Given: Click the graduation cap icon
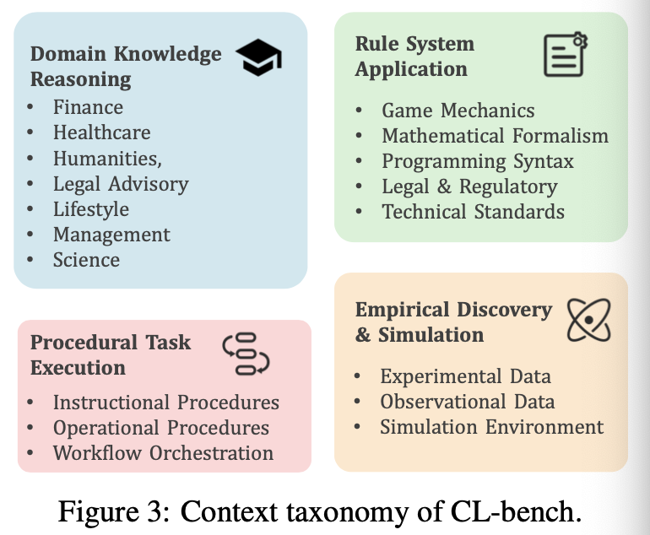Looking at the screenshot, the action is click(x=258, y=57).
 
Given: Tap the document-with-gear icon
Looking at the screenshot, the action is click(x=566, y=55).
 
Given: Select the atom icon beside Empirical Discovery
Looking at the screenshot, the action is click(x=588, y=320).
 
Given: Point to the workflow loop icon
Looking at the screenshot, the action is click(x=246, y=354).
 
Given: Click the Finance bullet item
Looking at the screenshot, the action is click(x=88, y=107).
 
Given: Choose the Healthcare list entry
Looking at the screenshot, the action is click(x=101, y=132).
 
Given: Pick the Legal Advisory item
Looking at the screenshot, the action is click(x=121, y=184).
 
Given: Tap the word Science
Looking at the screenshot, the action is click(x=86, y=260).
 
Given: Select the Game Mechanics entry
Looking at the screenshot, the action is click(x=458, y=111).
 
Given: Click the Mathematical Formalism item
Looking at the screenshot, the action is click(x=495, y=136).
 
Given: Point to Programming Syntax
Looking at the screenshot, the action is click(x=478, y=162).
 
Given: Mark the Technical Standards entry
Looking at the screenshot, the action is click(x=473, y=212).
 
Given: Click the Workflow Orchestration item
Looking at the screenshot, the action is click(x=163, y=453).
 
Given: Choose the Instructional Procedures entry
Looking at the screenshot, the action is click(x=166, y=403).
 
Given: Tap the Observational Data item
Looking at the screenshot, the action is click(x=467, y=402).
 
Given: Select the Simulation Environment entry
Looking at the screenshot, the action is click(x=491, y=427).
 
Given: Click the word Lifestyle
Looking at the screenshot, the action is click(x=91, y=209).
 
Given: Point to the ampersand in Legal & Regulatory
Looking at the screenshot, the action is click(x=444, y=186).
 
